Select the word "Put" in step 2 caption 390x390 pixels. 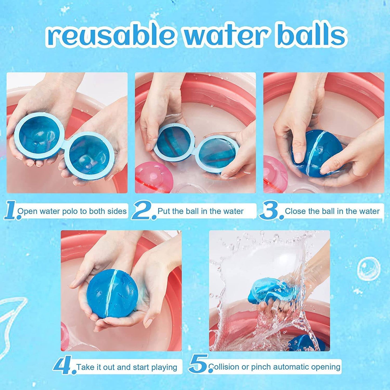click(164, 211)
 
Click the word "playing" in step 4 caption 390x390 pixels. click(164, 367)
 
